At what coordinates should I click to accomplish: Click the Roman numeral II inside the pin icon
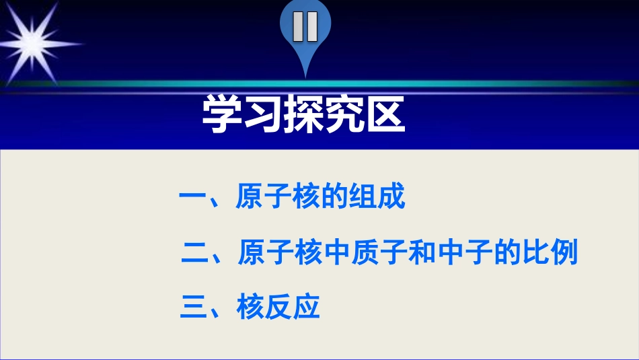pos(305,27)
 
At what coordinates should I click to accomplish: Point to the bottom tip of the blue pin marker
pos(305,75)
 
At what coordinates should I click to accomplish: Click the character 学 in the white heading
pos(223,115)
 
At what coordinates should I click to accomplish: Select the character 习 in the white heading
pos(263,115)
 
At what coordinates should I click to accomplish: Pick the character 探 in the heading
pos(303,115)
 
